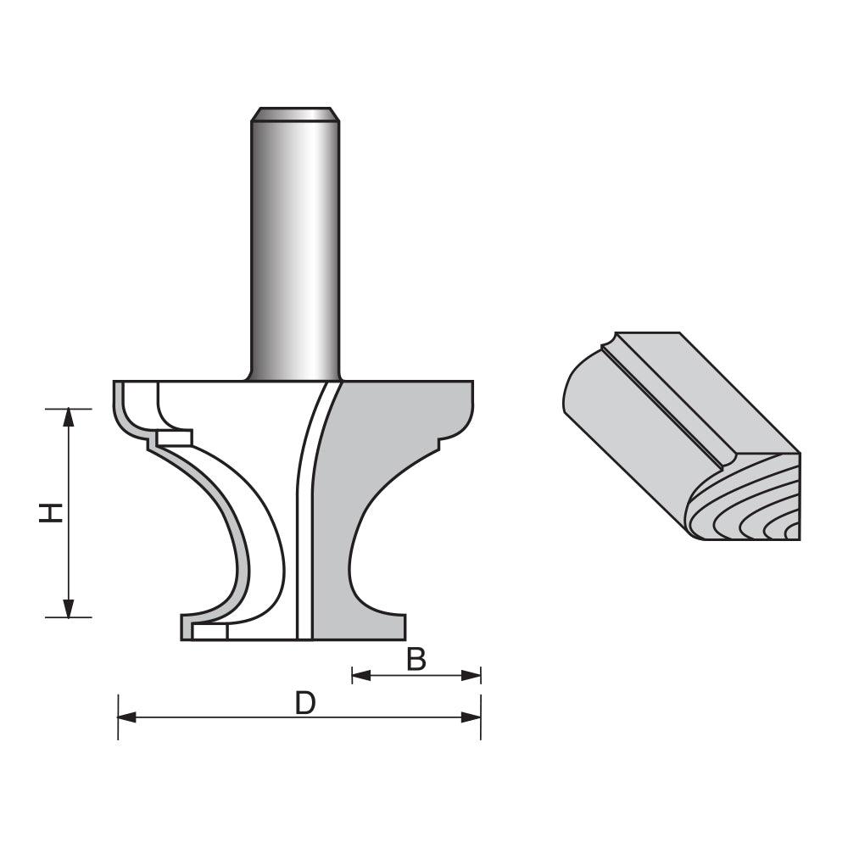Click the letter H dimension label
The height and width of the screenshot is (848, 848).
[x=52, y=512]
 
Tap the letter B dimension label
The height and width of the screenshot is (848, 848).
[x=416, y=659]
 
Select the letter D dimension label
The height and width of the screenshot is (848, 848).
[x=304, y=703]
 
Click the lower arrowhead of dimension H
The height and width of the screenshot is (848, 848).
[x=69, y=608]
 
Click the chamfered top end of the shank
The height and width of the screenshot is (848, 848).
[x=295, y=114]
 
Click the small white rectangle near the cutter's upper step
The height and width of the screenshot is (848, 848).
[x=176, y=438]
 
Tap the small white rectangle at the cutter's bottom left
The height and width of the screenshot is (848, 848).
[x=210, y=632]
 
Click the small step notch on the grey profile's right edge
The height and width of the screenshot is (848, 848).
[x=439, y=443]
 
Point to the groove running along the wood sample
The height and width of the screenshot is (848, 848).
[x=670, y=403]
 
